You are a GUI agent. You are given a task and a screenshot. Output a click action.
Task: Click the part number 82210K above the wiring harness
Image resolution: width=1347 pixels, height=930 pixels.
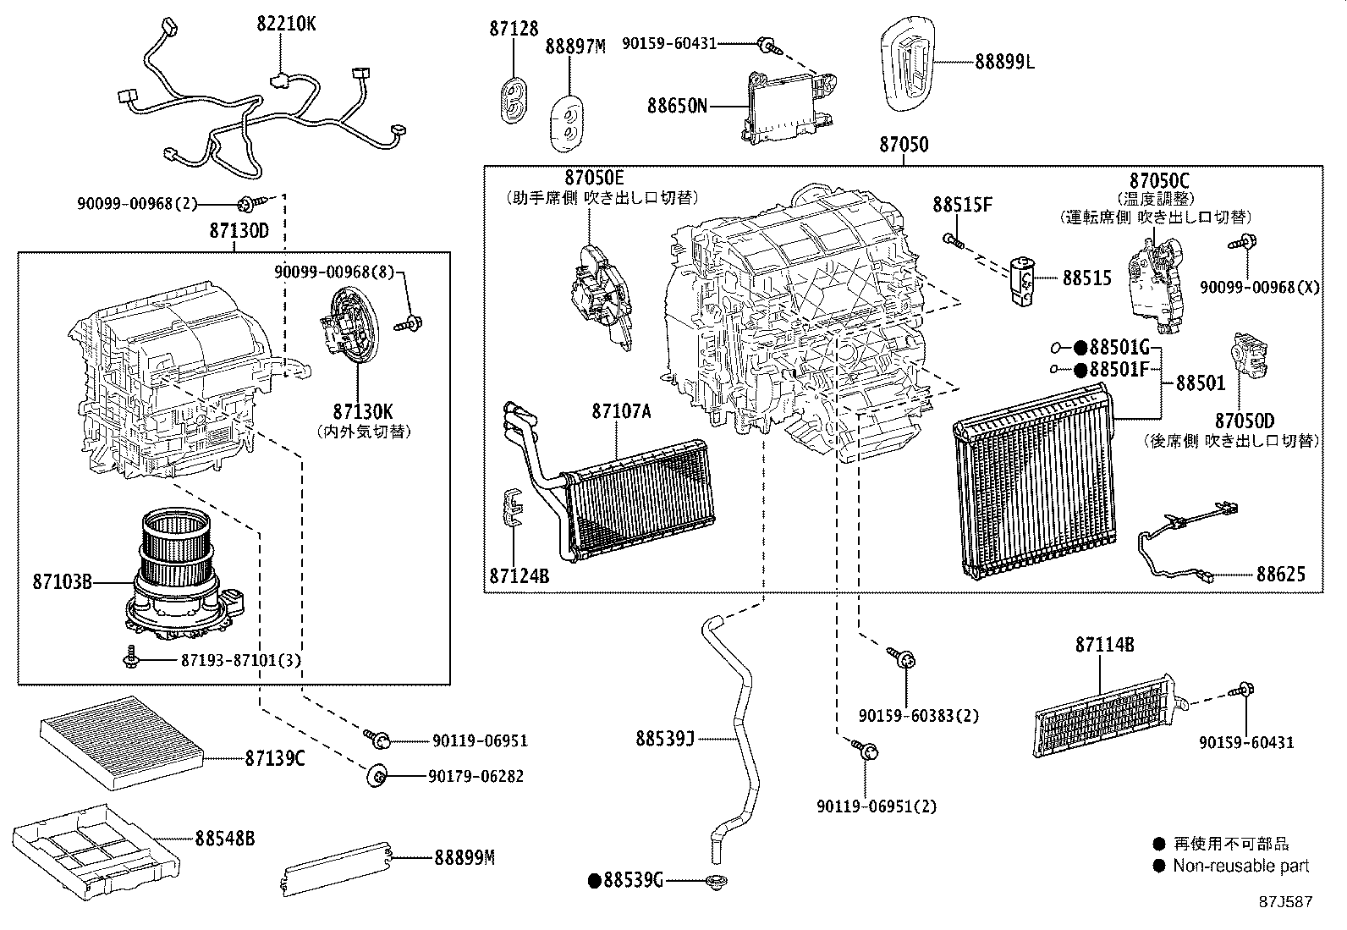[x=286, y=24]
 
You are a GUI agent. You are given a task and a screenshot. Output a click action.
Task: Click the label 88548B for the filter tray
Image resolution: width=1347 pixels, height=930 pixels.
[x=224, y=839]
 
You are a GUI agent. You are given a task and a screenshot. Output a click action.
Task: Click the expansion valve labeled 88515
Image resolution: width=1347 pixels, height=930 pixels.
[x=1020, y=280]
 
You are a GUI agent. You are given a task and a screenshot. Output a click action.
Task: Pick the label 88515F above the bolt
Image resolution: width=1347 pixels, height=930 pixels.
[x=963, y=205]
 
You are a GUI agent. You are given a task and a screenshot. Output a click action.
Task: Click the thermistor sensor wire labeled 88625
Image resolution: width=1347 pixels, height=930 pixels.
[x=1185, y=542]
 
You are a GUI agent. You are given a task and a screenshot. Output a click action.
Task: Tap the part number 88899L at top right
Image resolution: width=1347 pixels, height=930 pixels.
[x=1004, y=61]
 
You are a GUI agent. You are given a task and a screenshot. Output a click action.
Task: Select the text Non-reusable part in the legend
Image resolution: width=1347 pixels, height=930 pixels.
[x=1240, y=865]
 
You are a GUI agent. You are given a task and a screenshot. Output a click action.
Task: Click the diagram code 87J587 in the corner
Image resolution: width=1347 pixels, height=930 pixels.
[x=1285, y=902]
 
